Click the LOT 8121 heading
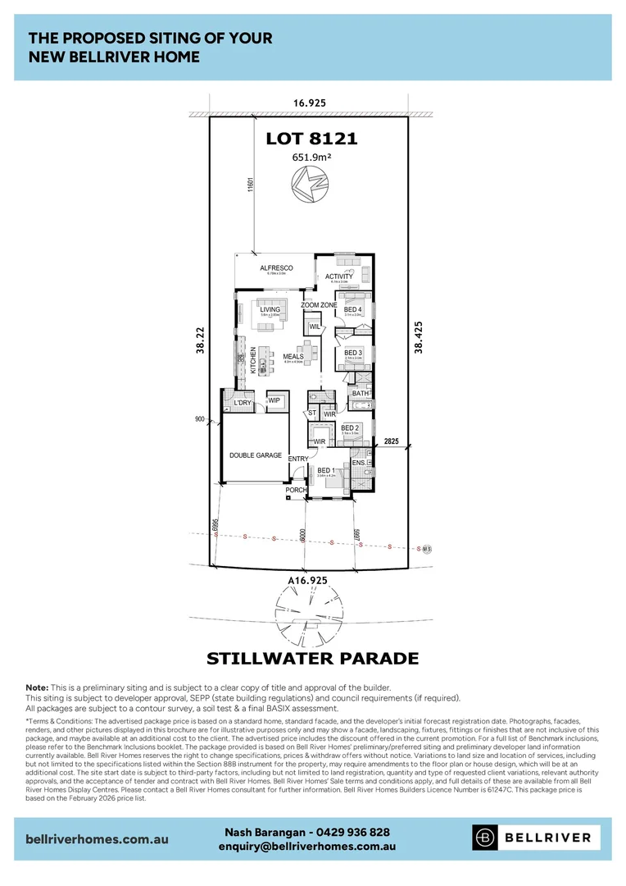(311, 139)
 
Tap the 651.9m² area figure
(311, 158)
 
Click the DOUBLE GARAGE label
(255, 455)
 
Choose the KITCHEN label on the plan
(253, 360)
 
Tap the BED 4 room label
(353, 309)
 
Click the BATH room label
(361, 394)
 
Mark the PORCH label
(295, 491)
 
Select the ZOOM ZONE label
(319, 304)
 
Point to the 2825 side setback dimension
(392, 441)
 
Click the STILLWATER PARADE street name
(312, 659)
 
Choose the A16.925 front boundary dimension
(307, 580)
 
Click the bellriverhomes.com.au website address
(98, 839)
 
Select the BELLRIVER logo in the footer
(536, 838)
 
